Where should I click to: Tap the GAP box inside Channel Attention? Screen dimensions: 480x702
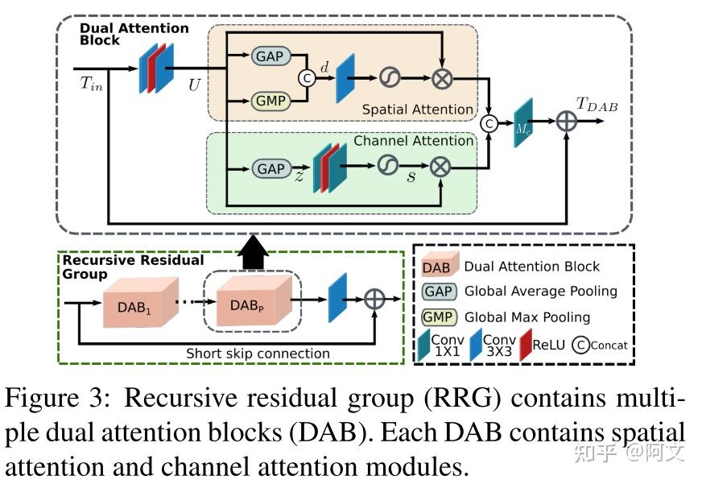pyautogui.click(x=271, y=168)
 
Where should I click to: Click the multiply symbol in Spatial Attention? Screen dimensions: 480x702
pyautogui.click(x=442, y=78)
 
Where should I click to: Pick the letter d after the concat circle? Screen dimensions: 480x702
pyautogui.click(x=324, y=68)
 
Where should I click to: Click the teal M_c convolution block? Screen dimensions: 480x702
pyautogui.click(x=524, y=122)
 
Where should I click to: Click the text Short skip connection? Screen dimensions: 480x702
pyautogui.click(x=258, y=353)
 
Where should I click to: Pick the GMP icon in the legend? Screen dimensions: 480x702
pyautogui.click(x=440, y=317)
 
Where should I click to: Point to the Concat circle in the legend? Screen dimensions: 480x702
pyautogui.click(x=581, y=346)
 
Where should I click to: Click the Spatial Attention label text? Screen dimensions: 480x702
pyautogui.click(x=417, y=109)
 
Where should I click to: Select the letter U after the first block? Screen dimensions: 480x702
pyautogui.click(x=195, y=84)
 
